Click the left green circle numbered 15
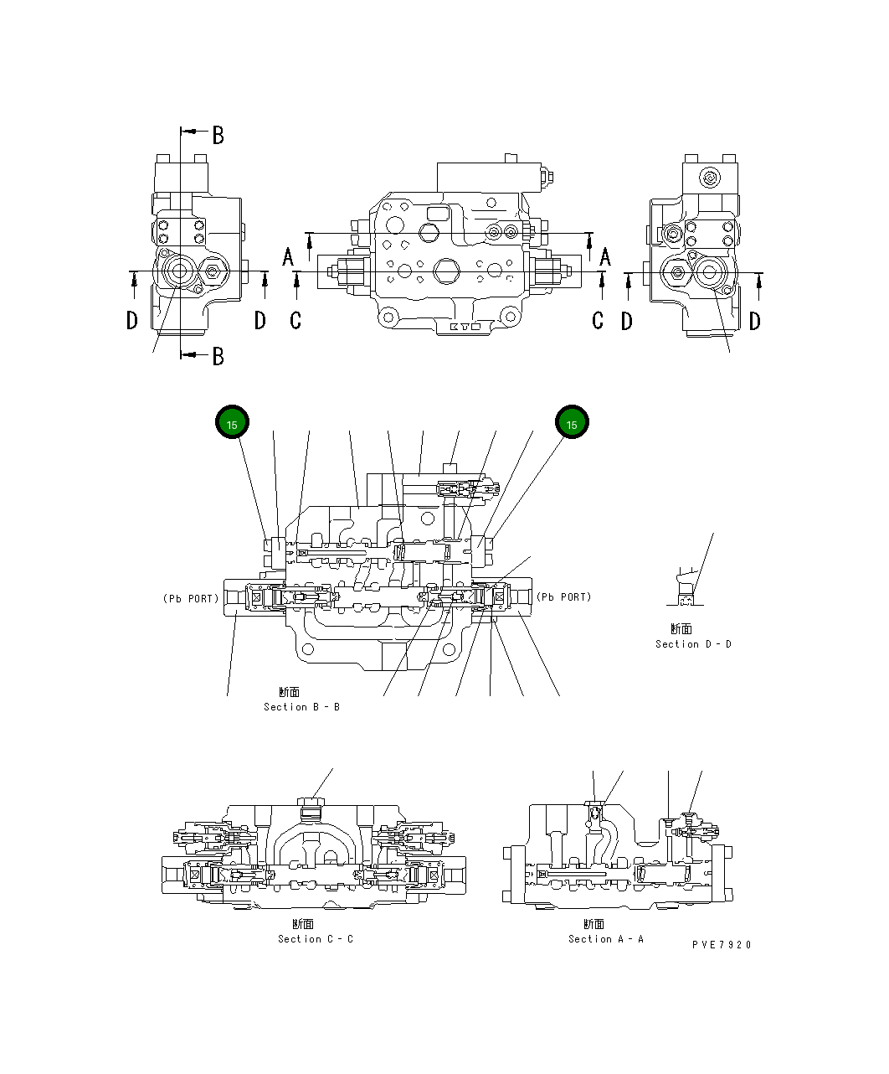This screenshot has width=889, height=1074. coord(232,424)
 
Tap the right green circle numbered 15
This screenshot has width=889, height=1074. coord(572,424)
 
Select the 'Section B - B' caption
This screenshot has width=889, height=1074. coord(301,707)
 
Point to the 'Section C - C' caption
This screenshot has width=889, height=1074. coord(316,939)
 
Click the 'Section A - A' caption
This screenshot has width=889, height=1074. coord(606,939)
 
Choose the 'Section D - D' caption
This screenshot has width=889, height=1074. coord(693,644)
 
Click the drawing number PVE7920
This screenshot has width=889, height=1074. coord(722,945)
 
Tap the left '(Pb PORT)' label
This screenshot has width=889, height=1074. coord(191,598)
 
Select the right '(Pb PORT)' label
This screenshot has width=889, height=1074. coord(564,597)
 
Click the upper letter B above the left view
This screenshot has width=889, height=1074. coord(218,135)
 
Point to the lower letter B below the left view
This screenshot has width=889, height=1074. coord(218,356)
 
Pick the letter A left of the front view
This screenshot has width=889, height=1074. coord(289,257)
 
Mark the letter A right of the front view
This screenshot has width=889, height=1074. coord(604,257)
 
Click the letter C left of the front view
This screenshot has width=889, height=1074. coord(295,321)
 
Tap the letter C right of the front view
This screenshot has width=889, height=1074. coord(598,321)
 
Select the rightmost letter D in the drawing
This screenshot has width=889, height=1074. coord(755,321)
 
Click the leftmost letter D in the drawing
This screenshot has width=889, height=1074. coord(132,321)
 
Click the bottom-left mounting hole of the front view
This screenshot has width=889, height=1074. coord(387,316)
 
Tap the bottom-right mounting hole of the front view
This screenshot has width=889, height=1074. coord(510,316)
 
